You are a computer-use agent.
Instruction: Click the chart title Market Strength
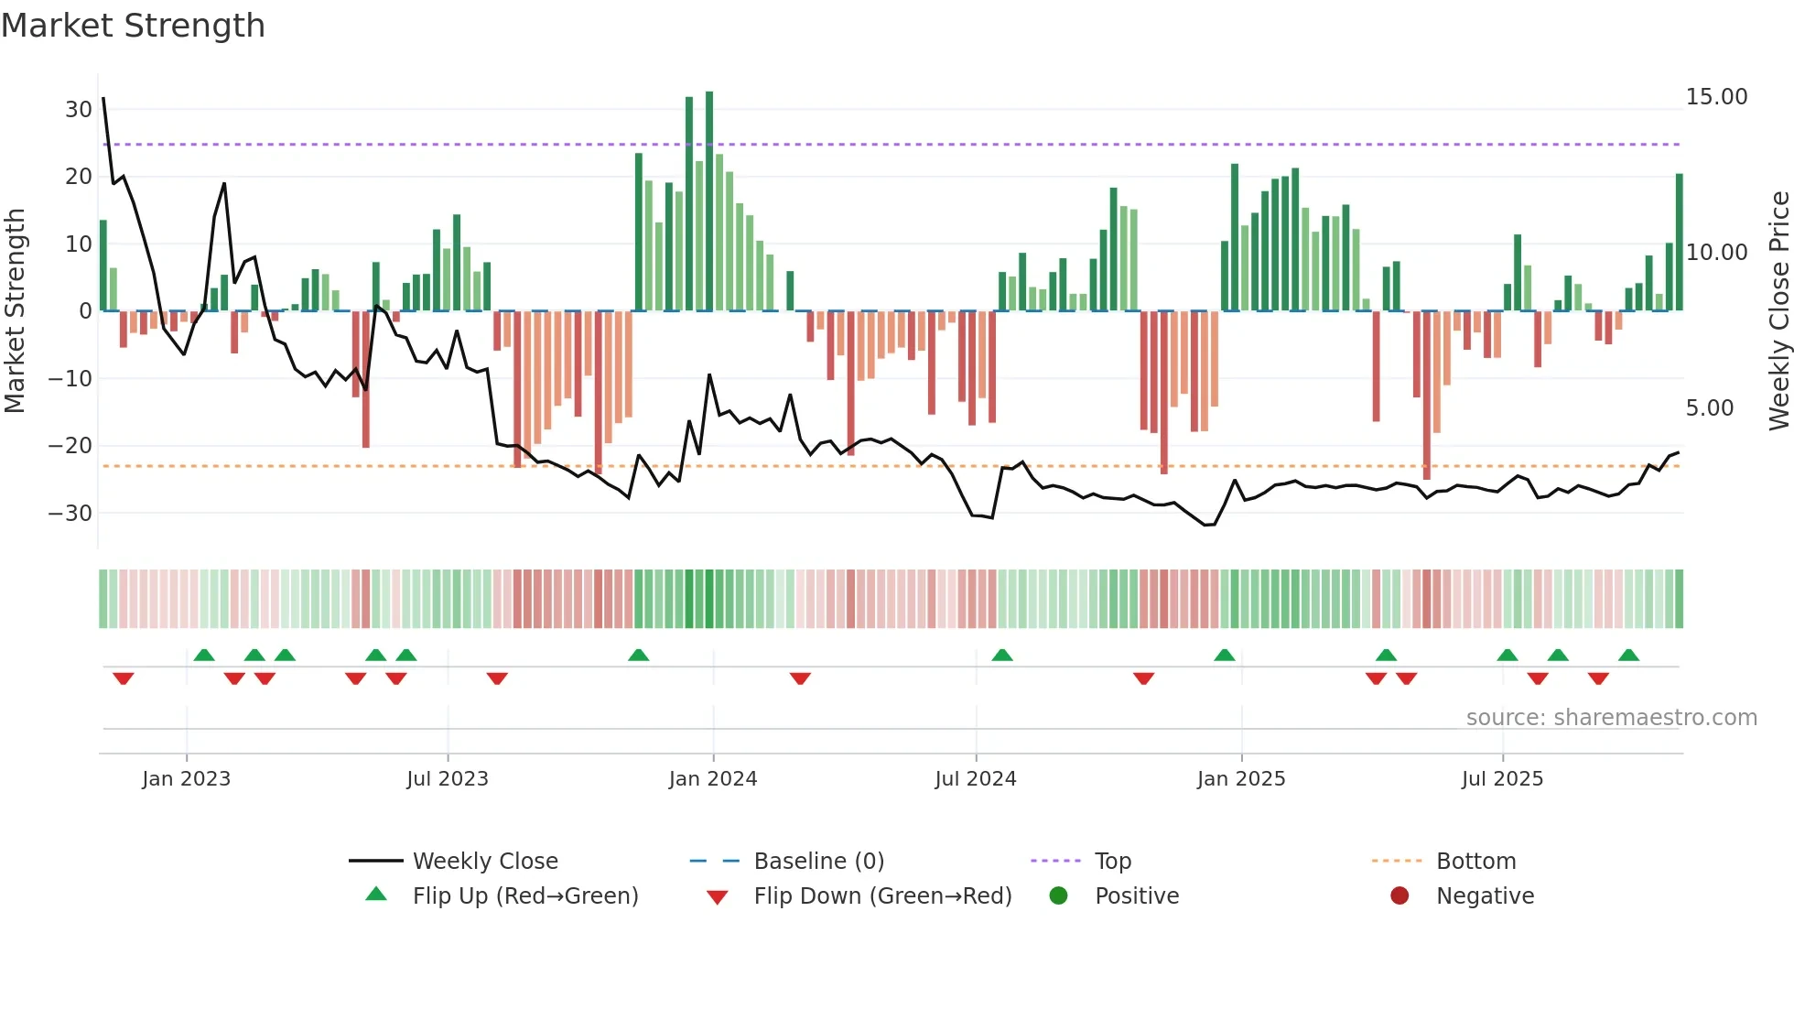[133, 26]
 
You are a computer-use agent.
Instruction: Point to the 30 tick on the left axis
[79, 110]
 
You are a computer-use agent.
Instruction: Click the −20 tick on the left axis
[70, 446]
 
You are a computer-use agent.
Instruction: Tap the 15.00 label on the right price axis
[1716, 97]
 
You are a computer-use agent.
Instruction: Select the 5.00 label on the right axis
[1709, 408]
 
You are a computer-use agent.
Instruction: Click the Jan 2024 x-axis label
[713, 779]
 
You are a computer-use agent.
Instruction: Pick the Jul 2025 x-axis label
[1502, 779]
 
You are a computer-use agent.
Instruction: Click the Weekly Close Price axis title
[1778, 311]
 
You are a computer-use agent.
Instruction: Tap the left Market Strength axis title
[16, 311]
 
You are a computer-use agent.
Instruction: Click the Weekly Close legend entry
[484, 862]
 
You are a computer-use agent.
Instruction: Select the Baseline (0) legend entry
[818, 862]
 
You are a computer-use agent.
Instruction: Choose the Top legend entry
[1112, 862]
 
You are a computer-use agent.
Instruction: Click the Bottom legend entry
[1475, 862]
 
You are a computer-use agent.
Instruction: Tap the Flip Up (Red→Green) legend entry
[524, 896]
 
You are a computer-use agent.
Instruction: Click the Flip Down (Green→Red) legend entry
[881, 896]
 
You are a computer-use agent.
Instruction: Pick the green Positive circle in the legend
[1059, 896]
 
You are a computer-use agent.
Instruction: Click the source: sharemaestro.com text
[1611, 718]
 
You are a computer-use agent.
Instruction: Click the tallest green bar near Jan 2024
[709, 201]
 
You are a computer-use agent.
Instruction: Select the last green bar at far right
[1680, 243]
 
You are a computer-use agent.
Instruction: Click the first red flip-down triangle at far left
[124, 678]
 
